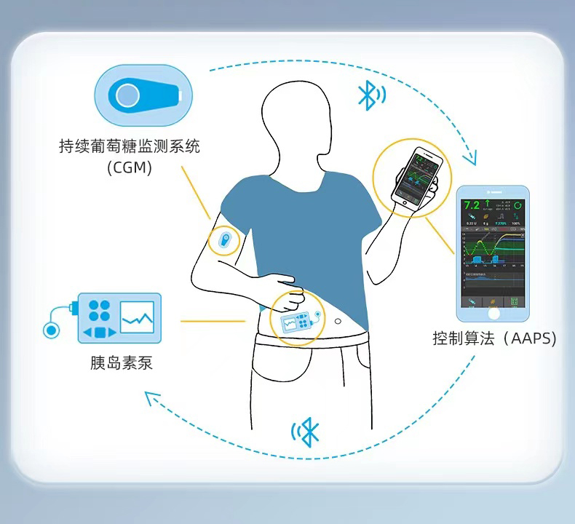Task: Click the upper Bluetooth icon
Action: (x=370, y=95)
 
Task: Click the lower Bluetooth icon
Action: (x=309, y=432)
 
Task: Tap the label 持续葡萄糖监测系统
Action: (x=130, y=146)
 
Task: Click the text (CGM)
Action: (x=130, y=168)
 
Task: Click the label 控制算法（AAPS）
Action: (x=493, y=338)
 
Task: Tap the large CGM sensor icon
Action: (x=143, y=95)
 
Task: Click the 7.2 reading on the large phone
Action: (x=472, y=206)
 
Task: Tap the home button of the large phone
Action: (x=494, y=313)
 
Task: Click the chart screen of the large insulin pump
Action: (x=137, y=318)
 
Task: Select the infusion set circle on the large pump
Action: (x=51, y=330)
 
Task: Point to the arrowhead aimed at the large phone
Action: (x=474, y=157)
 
